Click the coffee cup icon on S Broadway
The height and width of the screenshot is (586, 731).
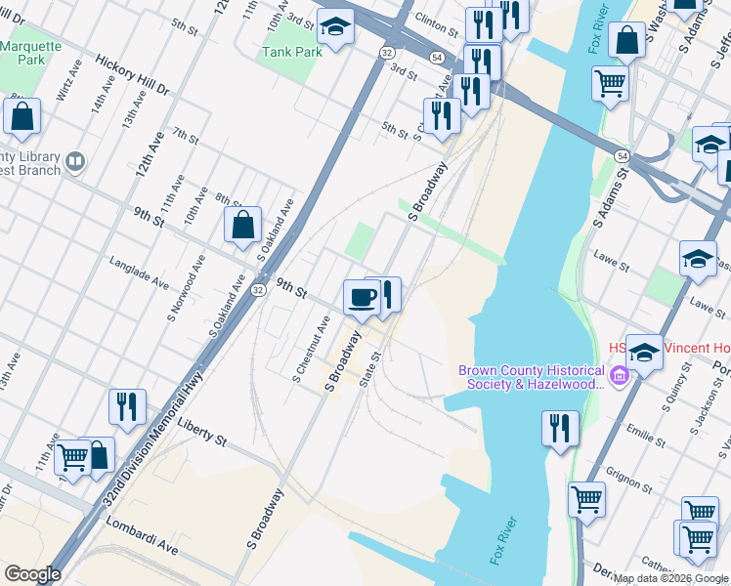(362, 296)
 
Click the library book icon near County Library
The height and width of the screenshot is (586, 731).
(76, 159)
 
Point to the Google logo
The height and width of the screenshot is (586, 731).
(32, 574)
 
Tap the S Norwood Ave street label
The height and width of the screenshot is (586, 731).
(185, 288)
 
